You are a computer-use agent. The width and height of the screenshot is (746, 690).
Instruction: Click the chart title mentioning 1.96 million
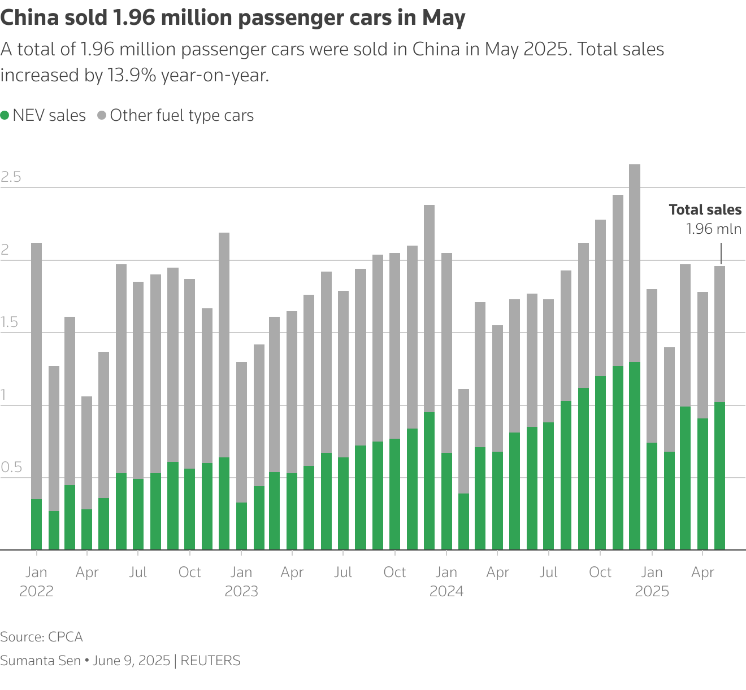232,18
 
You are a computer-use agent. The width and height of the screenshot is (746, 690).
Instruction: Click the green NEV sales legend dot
5,116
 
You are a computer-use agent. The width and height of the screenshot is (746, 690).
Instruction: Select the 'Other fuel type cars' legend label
181,116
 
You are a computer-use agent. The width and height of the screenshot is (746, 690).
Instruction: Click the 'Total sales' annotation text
705,210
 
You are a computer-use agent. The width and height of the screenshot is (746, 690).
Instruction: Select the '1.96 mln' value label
713,229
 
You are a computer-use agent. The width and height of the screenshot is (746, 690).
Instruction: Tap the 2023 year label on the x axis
241,592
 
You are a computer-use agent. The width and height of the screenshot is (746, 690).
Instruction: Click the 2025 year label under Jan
652,592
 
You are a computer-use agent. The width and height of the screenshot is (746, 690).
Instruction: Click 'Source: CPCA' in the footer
41,637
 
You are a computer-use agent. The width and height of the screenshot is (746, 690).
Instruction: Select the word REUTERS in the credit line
210,661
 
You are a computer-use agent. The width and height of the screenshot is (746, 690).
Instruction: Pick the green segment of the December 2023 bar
430,481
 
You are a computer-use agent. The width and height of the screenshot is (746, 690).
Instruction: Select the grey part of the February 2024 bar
463,441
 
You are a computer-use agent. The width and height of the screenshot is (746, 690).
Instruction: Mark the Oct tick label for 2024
600,573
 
